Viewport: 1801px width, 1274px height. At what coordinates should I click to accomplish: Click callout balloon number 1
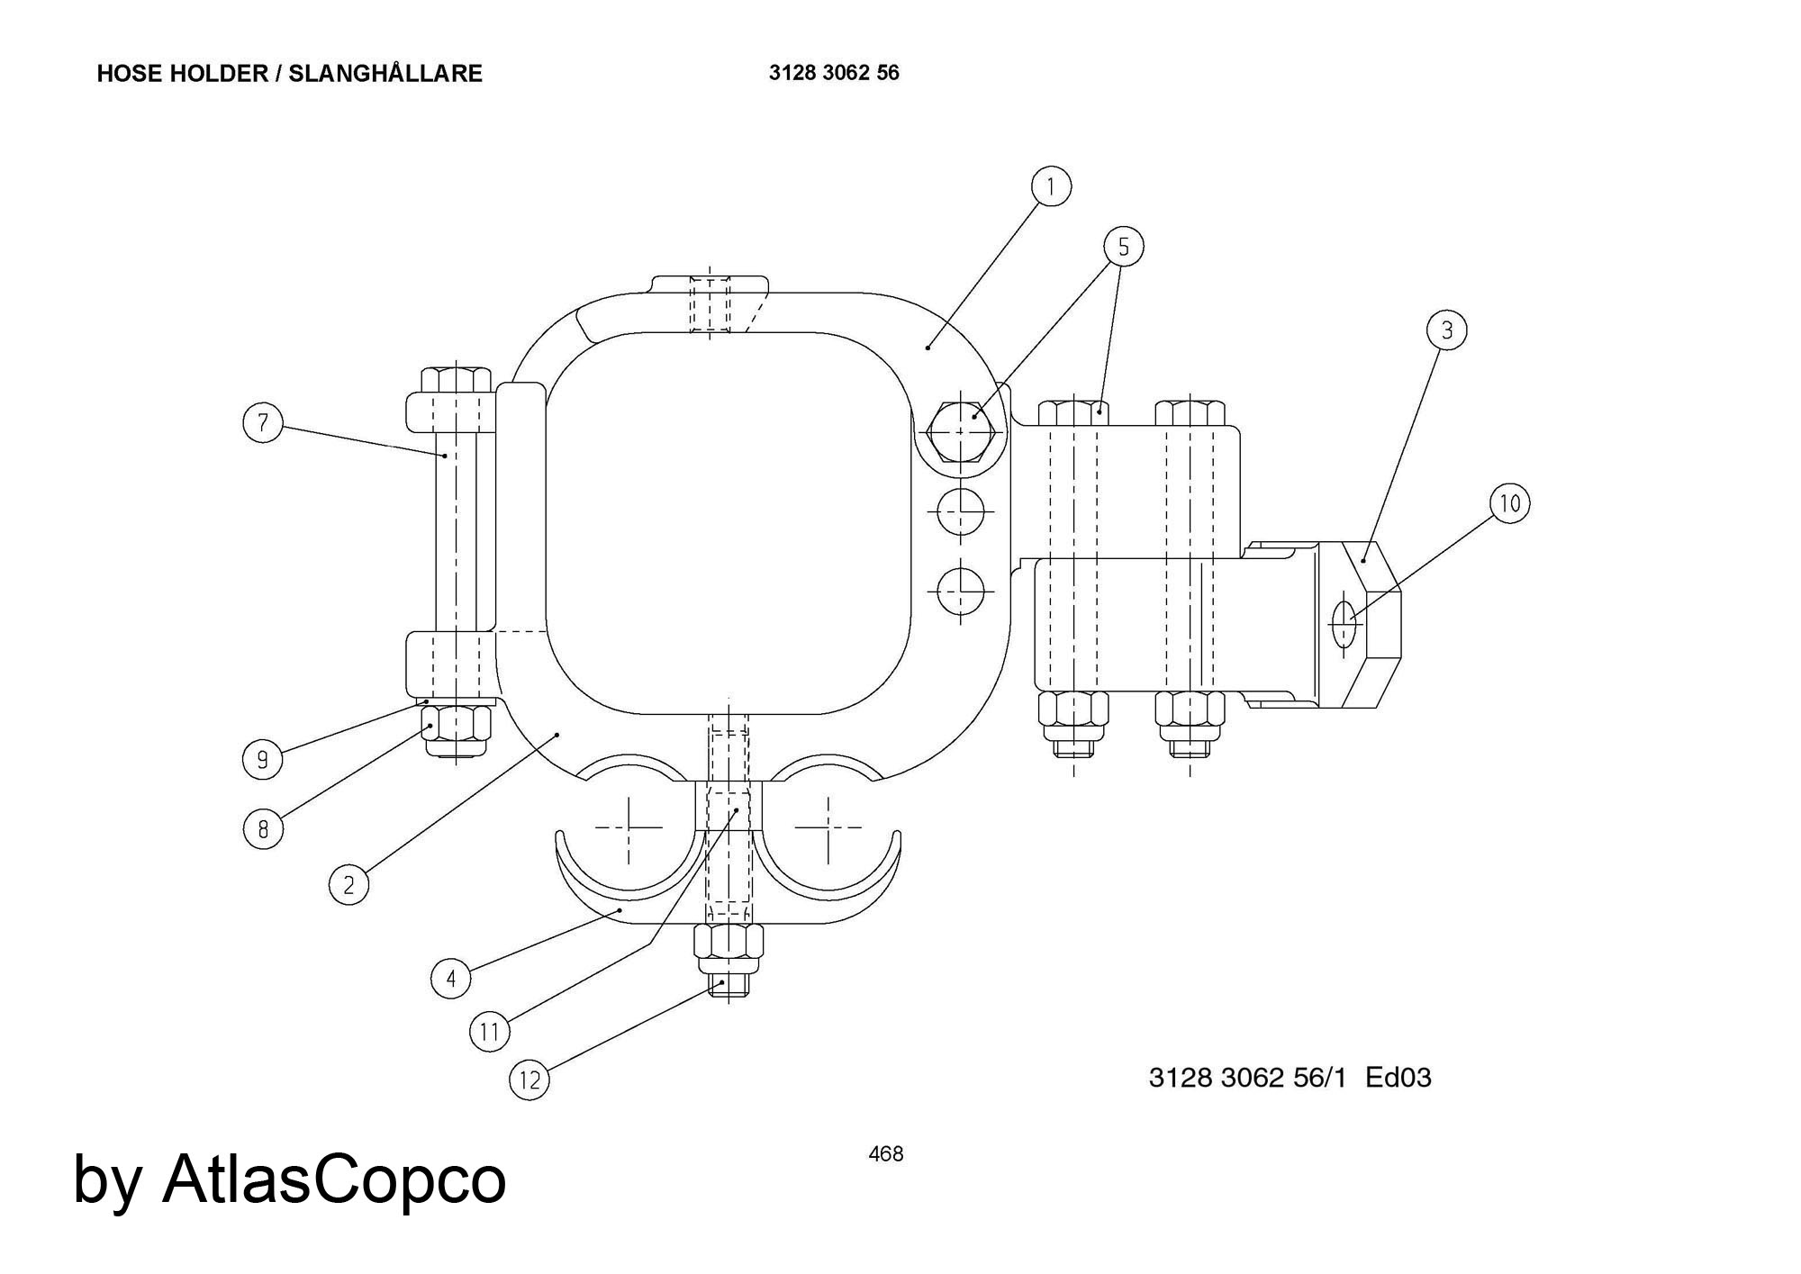[x=1050, y=186]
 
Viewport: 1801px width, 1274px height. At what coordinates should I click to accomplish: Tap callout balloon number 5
[x=1123, y=247]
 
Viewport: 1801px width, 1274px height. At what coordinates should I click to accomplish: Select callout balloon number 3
[x=1446, y=330]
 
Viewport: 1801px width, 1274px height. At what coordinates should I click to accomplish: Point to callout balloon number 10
[x=1509, y=502]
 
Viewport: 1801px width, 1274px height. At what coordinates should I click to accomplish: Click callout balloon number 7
[x=263, y=422]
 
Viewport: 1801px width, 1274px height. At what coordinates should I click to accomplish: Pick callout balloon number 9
[x=262, y=759]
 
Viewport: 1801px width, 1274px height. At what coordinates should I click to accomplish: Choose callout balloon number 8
[x=263, y=828]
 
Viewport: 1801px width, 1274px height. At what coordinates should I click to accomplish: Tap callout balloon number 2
[x=348, y=884]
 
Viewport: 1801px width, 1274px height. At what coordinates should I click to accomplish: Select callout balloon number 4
[x=451, y=978]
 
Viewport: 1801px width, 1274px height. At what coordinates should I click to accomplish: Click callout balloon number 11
[x=489, y=1030]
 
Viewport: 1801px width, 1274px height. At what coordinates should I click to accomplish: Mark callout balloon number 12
[x=529, y=1079]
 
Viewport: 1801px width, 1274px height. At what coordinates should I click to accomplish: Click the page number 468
[x=885, y=1153]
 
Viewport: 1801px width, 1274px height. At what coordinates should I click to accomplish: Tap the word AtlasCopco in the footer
[x=334, y=1179]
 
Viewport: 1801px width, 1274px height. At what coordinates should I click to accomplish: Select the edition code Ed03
[x=1398, y=1078]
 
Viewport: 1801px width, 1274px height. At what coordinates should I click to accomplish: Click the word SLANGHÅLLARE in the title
[x=385, y=74]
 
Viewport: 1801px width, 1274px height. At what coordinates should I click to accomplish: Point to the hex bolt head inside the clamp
[x=961, y=431]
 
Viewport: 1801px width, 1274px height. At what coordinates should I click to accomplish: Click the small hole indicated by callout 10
[x=1344, y=621]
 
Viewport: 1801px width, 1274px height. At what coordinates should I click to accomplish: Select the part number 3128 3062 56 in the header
[x=833, y=73]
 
